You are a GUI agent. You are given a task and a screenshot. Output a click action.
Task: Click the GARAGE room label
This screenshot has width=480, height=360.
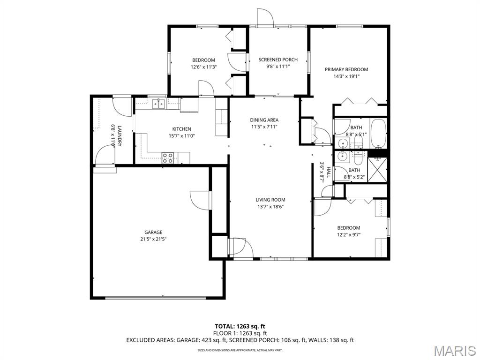pyautogui.click(x=153, y=232)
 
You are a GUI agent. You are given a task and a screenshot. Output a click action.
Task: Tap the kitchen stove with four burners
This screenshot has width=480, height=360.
pyautogui.click(x=167, y=157)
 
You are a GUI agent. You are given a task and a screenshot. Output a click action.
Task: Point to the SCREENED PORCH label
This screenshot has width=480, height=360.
pyautogui.click(x=278, y=60)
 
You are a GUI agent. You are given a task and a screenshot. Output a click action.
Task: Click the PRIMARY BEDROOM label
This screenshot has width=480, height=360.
pyautogui.click(x=346, y=69)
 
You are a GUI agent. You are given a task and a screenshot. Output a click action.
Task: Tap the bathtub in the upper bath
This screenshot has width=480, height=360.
pyautogui.click(x=379, y=133)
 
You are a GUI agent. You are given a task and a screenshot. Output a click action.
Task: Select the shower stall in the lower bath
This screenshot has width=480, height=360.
pyautogui.click(x=377, y=170)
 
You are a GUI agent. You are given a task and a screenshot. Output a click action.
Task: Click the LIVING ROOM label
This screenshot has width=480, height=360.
pyautogui.click(x=270, y=200)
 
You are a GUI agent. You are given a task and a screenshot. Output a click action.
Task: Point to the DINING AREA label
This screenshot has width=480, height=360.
pyautogui.click(x=264, y=120)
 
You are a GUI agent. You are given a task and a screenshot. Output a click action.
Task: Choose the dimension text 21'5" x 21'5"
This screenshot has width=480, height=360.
pyautogui.click(x=153, y=239)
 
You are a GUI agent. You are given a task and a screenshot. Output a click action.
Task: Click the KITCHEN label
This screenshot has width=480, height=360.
pyautogui.click(x=181, y=129)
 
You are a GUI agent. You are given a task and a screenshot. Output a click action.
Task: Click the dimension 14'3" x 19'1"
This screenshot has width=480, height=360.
pyautogui.click(x=346, y=76)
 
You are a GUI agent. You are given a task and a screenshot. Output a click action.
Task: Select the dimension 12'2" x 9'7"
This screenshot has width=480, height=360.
pyautogui.click(x=349, y=235)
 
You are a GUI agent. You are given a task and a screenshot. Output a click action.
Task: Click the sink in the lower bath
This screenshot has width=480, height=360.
pyautogui.click(x=342, y=157)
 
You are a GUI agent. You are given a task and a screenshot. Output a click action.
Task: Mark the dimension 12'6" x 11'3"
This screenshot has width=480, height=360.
pyautogui.click(x=203, y=67)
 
